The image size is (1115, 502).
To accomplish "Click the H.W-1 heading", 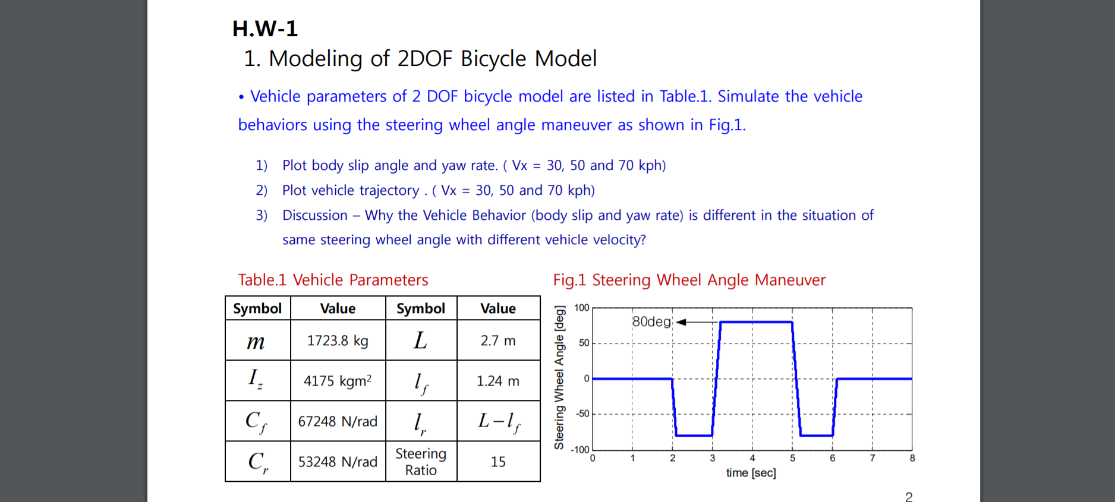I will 264,29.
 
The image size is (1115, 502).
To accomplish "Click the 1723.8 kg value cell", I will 338,340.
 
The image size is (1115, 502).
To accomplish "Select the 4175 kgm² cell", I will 338,381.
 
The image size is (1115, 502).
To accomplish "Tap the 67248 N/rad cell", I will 338,421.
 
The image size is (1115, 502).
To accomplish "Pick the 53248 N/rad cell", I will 338,462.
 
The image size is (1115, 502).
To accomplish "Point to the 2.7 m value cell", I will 498,340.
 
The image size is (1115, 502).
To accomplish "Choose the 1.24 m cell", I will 498,381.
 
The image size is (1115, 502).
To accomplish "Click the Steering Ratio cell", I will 421,462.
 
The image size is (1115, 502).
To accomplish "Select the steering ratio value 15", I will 498,462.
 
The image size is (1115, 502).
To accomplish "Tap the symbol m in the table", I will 256,341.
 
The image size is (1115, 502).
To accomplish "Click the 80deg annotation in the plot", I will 651,321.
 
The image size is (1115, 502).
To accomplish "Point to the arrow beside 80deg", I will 695,322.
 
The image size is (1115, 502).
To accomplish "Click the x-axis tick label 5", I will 792,458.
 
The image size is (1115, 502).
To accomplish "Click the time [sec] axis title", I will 751,473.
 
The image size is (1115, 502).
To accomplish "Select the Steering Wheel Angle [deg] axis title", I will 559,378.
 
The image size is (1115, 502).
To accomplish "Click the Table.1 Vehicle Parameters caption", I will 333,280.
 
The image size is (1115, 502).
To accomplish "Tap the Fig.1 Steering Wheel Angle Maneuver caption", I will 689,280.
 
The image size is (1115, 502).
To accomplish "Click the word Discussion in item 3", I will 314,215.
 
